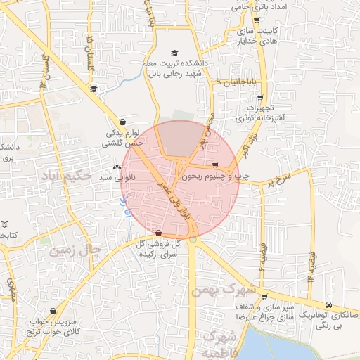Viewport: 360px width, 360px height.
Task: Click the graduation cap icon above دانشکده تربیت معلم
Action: pyautogui.click(x=174, y=53)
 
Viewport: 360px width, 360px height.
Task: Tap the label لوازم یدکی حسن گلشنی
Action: pyautogui.click(x=124, y=137)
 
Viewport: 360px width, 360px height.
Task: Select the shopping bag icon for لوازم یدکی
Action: pyautogui.click(x=124, y=122)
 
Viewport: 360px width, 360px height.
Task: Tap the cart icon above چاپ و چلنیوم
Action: pyautogui.click(x=225, y=165)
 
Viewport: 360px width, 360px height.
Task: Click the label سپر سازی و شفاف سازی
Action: pyautogui.click(x=264, y=313)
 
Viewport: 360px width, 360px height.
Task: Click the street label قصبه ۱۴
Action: pyautogui.click(x=309, y=267)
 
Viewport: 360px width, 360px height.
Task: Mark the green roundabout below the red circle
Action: pyautogui.click(x=192, y=240)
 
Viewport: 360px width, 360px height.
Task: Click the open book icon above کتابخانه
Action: pyautogui.click(x=4, y=224)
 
